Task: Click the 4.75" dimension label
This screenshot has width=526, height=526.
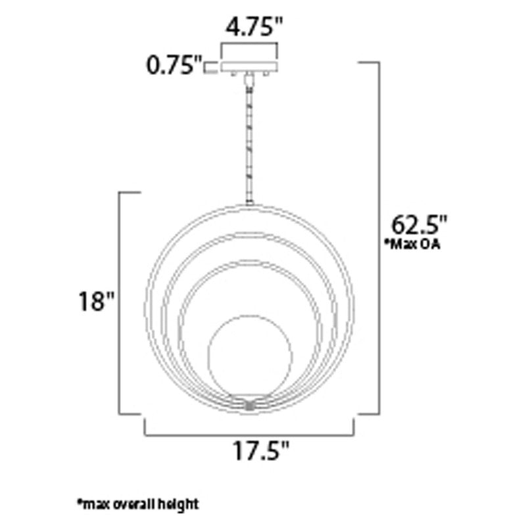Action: coord(254,27)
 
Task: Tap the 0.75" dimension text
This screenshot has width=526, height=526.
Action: coord(174,66)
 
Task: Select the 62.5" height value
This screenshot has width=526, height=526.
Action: coord(419,225)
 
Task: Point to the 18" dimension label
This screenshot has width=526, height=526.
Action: coord(96,301)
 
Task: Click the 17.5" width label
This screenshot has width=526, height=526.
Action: coord(260,451)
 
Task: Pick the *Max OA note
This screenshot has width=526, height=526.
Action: coord(412,244)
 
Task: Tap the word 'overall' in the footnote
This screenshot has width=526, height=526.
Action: coord(135,504)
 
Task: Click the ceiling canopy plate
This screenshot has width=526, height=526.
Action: coord(249,67)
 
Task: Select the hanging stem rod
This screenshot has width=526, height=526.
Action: coord(249,141)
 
